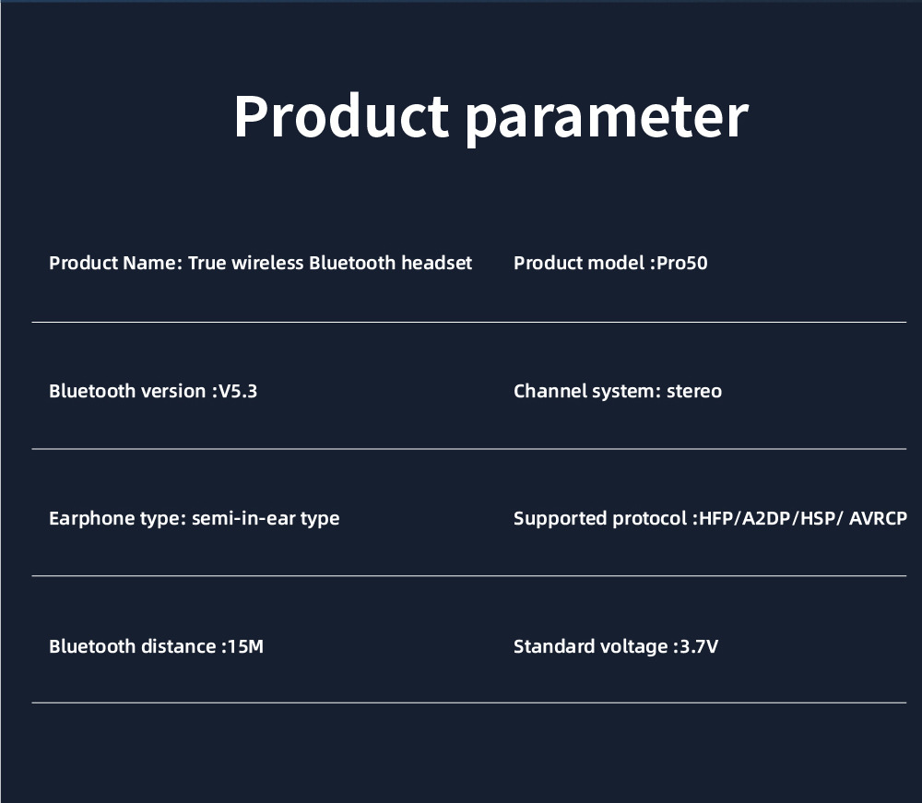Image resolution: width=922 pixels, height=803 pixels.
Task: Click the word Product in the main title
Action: pyautogui.click(x=342, y=116)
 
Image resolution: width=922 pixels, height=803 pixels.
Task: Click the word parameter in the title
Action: pyautogui.click(x=607, y=119)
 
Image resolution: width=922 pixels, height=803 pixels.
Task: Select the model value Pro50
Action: pyautogui.click(x=681, y=263)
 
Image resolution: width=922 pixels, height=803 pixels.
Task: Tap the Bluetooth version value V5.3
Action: pyautogui.click(x=238, y=391)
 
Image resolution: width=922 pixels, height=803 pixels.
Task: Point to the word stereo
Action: pyautogui.click(x=694, y=392)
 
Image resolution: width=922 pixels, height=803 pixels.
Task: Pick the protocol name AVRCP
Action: pyautogui.click(x=878, y=518)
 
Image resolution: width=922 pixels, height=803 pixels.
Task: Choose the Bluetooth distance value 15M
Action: pyautogui.click(x=245, y=646)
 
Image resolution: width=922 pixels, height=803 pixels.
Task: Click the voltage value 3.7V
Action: pyautogui.click(x=699, y=646)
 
